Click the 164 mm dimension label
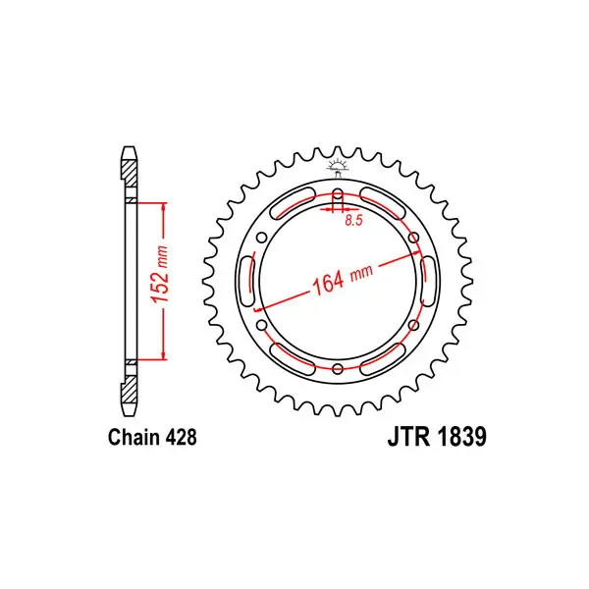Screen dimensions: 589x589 [343, 280]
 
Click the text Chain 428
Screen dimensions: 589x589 [152, 437]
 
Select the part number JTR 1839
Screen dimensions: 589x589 [437, 437]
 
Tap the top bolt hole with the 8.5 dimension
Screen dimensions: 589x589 [338, 198]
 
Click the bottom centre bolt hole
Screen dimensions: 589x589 [338, 368]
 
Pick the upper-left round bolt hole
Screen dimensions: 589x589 [261, 238]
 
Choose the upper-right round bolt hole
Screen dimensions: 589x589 [413, 238]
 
